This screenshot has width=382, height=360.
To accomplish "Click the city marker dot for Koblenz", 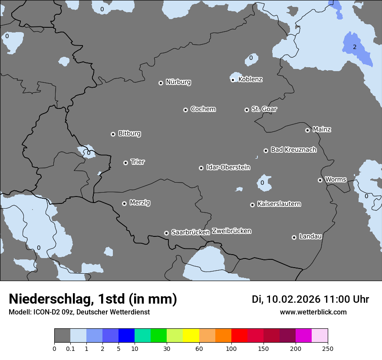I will pyautogui.click(x=233, y=80).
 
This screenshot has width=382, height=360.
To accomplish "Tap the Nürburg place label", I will pyautogui.click(x=178, y=82).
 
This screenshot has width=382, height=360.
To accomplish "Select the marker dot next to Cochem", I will pyautogui.click(x=185, y=110).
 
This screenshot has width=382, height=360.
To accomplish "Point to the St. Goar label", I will pyautogui.click(x=264, y=109).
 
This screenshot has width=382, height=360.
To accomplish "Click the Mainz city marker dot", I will pyautogui.click(x=308, y=130).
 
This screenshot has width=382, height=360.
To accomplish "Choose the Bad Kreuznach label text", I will pyautogui.click(x=293, y=150).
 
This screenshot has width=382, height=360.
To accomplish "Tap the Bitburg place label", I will pyautogui.click(x=129, y=134).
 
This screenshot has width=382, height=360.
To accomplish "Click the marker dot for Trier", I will pyautogui.click(x=126, y=163).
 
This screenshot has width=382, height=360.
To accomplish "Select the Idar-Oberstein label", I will pyautogui.click(x=228, y=167).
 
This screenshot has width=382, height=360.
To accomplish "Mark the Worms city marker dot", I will pyautogui.click(x=320, y=180).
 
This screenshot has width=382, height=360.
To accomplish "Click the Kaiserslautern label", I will pyautogui.click(x=279, y=204).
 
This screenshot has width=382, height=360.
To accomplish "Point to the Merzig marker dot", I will pyautogui.click(x=125, y=203).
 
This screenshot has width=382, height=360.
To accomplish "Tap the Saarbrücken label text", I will pyautogui.click(x=191, y=232).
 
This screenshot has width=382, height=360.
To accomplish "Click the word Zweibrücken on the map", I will pyautogui.click(x=231, y=231).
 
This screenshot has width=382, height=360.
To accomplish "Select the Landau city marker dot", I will pyautogui.click(x=294, y=237).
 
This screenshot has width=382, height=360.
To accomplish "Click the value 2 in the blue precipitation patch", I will pyautogui.click(x=354, y=47).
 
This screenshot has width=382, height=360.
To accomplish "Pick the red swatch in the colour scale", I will pyautogui.click(x=239, y=336).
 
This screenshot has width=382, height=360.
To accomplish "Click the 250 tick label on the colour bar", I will pyautogui.click(x=328, y=348).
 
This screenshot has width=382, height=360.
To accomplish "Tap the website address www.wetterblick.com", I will pyautogui.click(x=313, y=312).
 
